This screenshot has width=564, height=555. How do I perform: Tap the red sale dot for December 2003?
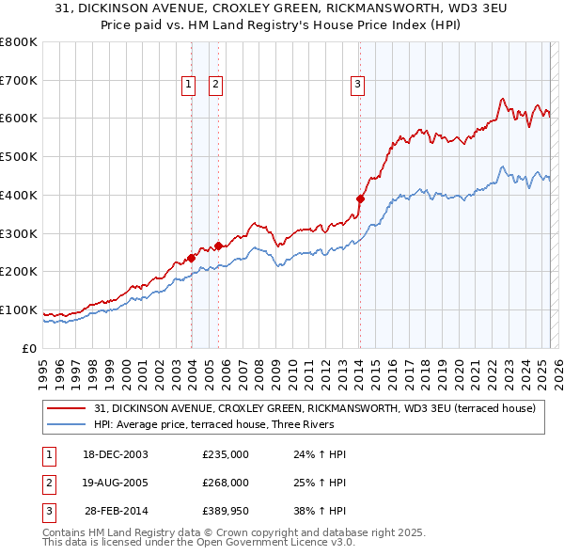click(191, 257)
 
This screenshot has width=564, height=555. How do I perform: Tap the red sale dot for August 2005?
click(218, 245)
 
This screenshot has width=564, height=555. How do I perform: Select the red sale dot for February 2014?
click(360, 198)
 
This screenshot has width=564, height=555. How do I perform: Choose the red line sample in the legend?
click(67, 409)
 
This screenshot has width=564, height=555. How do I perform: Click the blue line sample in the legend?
click(67, 424)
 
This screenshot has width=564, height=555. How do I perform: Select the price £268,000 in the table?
click(226, 483)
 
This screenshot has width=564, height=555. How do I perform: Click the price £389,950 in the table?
click(226, 511)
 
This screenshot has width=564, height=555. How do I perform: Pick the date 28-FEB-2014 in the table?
click(117, 511)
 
